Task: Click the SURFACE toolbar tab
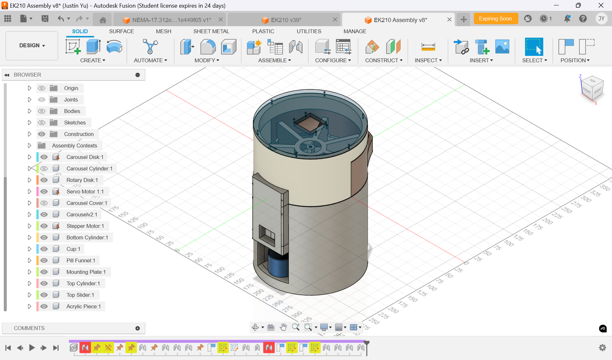(121, 31)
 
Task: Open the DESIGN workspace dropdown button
(32, 46)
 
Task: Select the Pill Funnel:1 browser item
(80, 261)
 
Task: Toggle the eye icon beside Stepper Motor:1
(44, 226)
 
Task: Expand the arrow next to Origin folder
(29, 88)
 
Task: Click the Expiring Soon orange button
(495, 19)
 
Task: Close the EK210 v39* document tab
(335, 20)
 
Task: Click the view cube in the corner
(592, 87)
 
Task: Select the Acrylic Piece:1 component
(83, 306)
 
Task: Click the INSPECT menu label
(428, 60)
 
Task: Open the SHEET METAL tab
(211, 31)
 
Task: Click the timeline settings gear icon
(602, 348)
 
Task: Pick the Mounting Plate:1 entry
(86, 272)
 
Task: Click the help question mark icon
(583, 19)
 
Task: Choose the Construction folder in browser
(78, 134)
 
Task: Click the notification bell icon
(567, 19)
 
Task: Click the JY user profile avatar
(601, 19)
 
